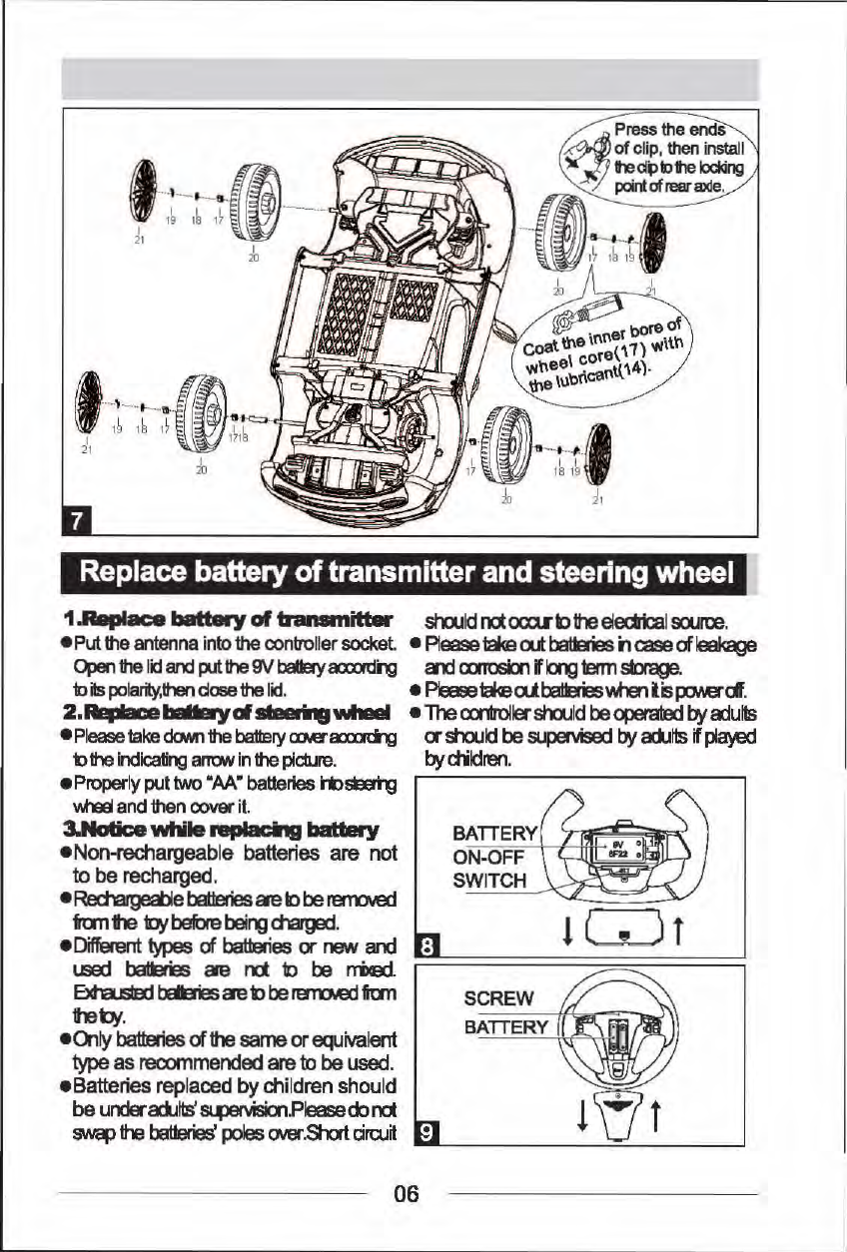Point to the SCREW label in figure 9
pos(498,998)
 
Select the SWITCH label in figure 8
pos(488,880)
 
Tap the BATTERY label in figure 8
pos(495,834)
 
